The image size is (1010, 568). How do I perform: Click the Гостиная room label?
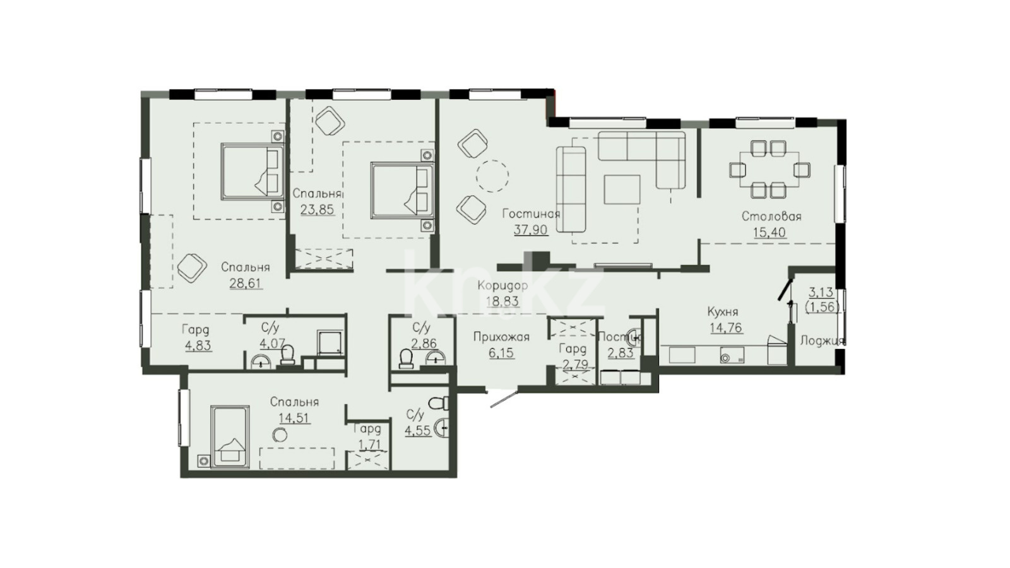point(531,213)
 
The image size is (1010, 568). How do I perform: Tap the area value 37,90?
point(531,230)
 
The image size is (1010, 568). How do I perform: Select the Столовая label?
point(771,216)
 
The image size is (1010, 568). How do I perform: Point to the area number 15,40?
point(769,233)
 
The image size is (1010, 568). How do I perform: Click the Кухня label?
point(722,312)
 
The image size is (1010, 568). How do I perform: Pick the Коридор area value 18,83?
point(502,301)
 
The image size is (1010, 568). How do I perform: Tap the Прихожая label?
point(501,337)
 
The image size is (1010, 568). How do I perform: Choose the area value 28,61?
point(246,284)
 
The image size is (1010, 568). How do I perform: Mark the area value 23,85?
point(318,210)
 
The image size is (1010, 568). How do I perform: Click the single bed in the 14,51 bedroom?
point(230,436)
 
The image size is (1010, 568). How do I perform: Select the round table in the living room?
point(492,176)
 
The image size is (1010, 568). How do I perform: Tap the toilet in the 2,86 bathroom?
point(407,360)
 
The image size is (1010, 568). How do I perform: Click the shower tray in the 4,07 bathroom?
point(331,344)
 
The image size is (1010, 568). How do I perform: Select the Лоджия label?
point(822,341)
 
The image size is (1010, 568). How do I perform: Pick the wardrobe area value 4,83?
point(198,346)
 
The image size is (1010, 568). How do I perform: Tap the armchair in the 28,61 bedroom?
point(192,268)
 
